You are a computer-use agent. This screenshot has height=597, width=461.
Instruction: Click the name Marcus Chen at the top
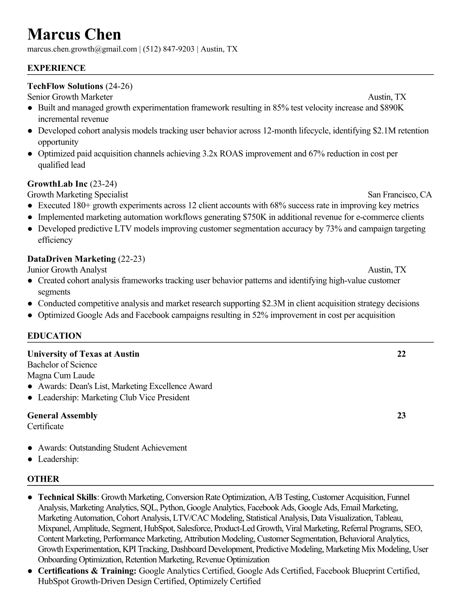click(x=74, y=35)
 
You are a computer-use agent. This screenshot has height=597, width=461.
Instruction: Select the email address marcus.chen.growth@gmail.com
click(x=82, y=49)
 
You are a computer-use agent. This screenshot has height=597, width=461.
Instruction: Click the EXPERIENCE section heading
click(x=56, y=68)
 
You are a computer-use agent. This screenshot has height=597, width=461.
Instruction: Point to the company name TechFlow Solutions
click(x=65, y=86)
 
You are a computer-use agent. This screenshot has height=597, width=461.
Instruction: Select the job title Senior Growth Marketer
click(x=70, y=97)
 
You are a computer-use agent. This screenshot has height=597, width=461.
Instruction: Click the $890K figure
click(x=392, y=108)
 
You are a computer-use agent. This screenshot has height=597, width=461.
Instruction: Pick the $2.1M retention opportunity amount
click(x=384, y=131)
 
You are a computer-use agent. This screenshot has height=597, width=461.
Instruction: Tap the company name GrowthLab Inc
click(x=57, y=184)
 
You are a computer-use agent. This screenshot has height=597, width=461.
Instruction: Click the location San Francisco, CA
click(x=400, y=195)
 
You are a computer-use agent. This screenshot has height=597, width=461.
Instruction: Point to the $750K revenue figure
click(x=255, y=217)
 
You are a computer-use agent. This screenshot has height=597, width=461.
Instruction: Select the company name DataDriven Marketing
click(x=71, y=259)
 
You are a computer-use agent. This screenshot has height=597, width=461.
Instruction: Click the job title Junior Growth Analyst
click(x=67, y=270)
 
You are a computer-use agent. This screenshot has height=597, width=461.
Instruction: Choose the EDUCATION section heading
click(x=54, y=336)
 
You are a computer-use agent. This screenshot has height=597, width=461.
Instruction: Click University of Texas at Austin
click(x=83, y=354)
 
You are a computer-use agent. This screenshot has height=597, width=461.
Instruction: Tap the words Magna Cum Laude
click(x=61, y=376)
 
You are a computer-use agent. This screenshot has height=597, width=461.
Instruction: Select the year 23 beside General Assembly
click(x=401, y=416)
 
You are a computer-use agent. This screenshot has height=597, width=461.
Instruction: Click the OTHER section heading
click(x=43, y=479)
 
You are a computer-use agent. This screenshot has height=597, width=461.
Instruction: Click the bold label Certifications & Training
click(x=87, y=571)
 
